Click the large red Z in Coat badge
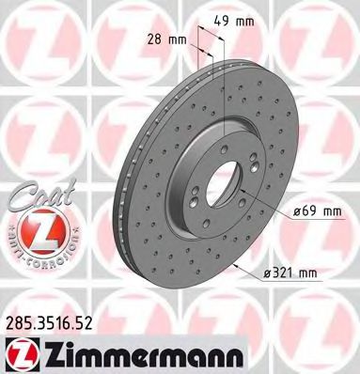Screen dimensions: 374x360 (38, 224)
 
